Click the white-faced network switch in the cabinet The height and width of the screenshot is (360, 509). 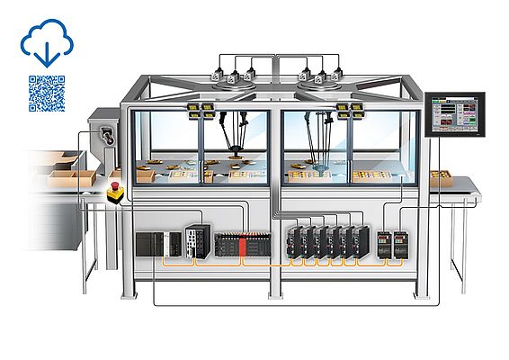pos(195,238)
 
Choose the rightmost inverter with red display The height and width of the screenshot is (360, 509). pos(400,243)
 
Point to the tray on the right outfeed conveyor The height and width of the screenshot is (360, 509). pos(440,175)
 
